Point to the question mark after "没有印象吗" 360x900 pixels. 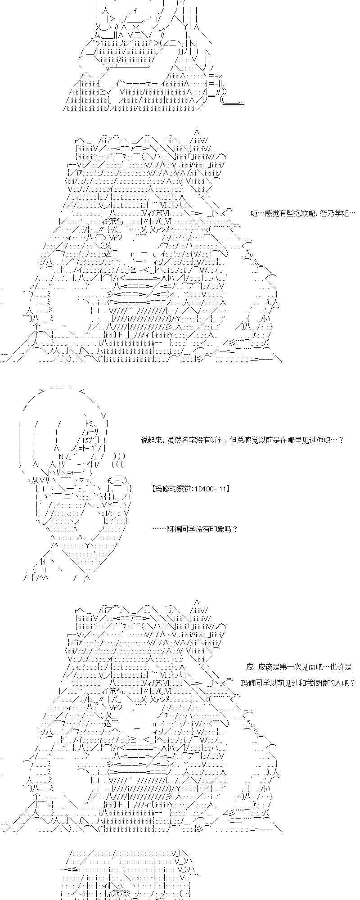(235, 529)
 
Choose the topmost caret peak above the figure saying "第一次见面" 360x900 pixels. (196, 601)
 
